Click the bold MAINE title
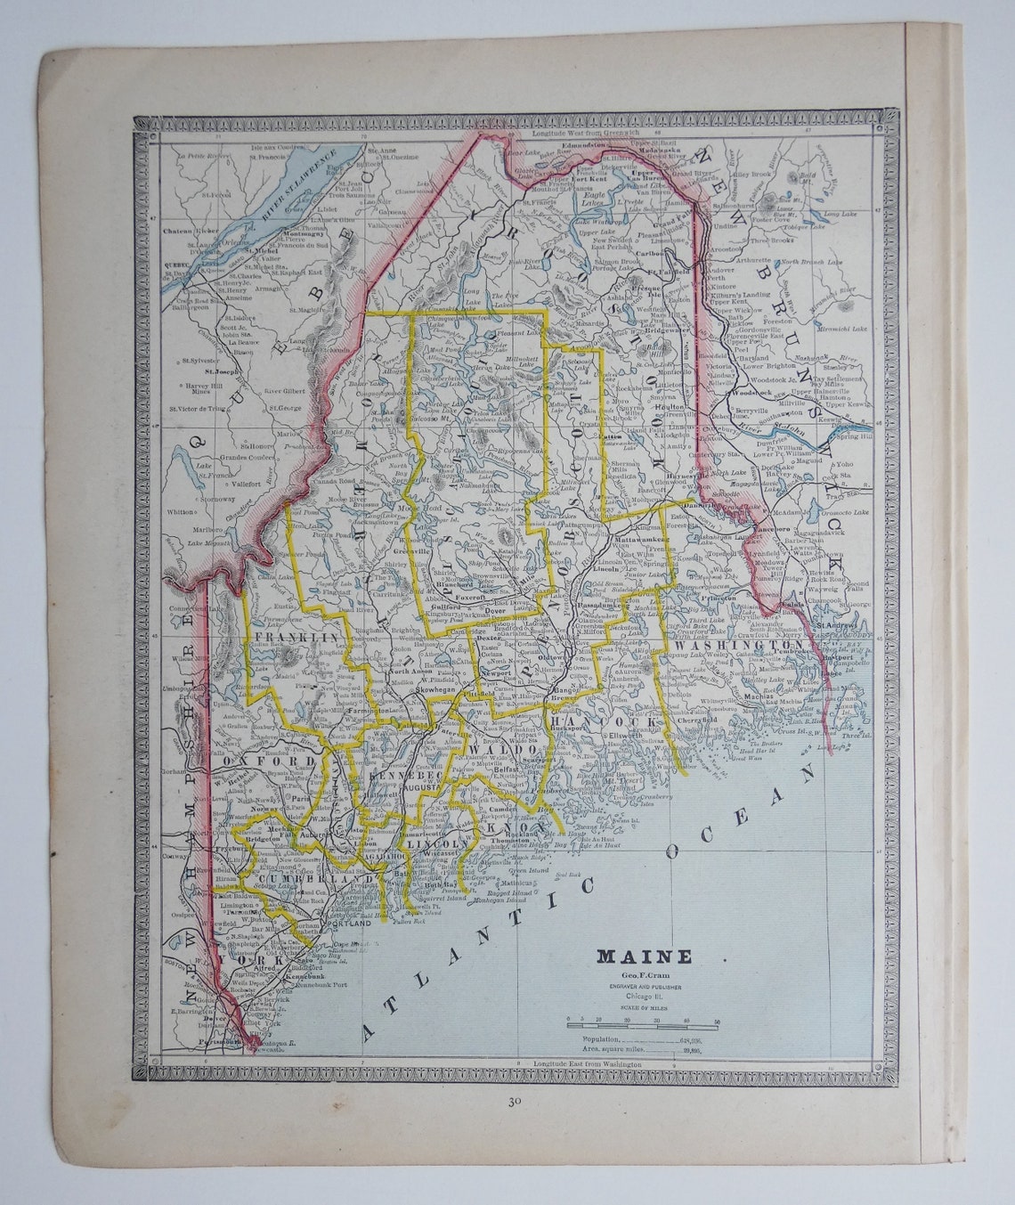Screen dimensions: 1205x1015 click(644, 957)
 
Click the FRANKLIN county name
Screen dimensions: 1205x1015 click(283, 639)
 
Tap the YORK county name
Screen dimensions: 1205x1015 click(258, 963)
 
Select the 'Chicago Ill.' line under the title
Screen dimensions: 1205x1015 click(643, 997)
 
